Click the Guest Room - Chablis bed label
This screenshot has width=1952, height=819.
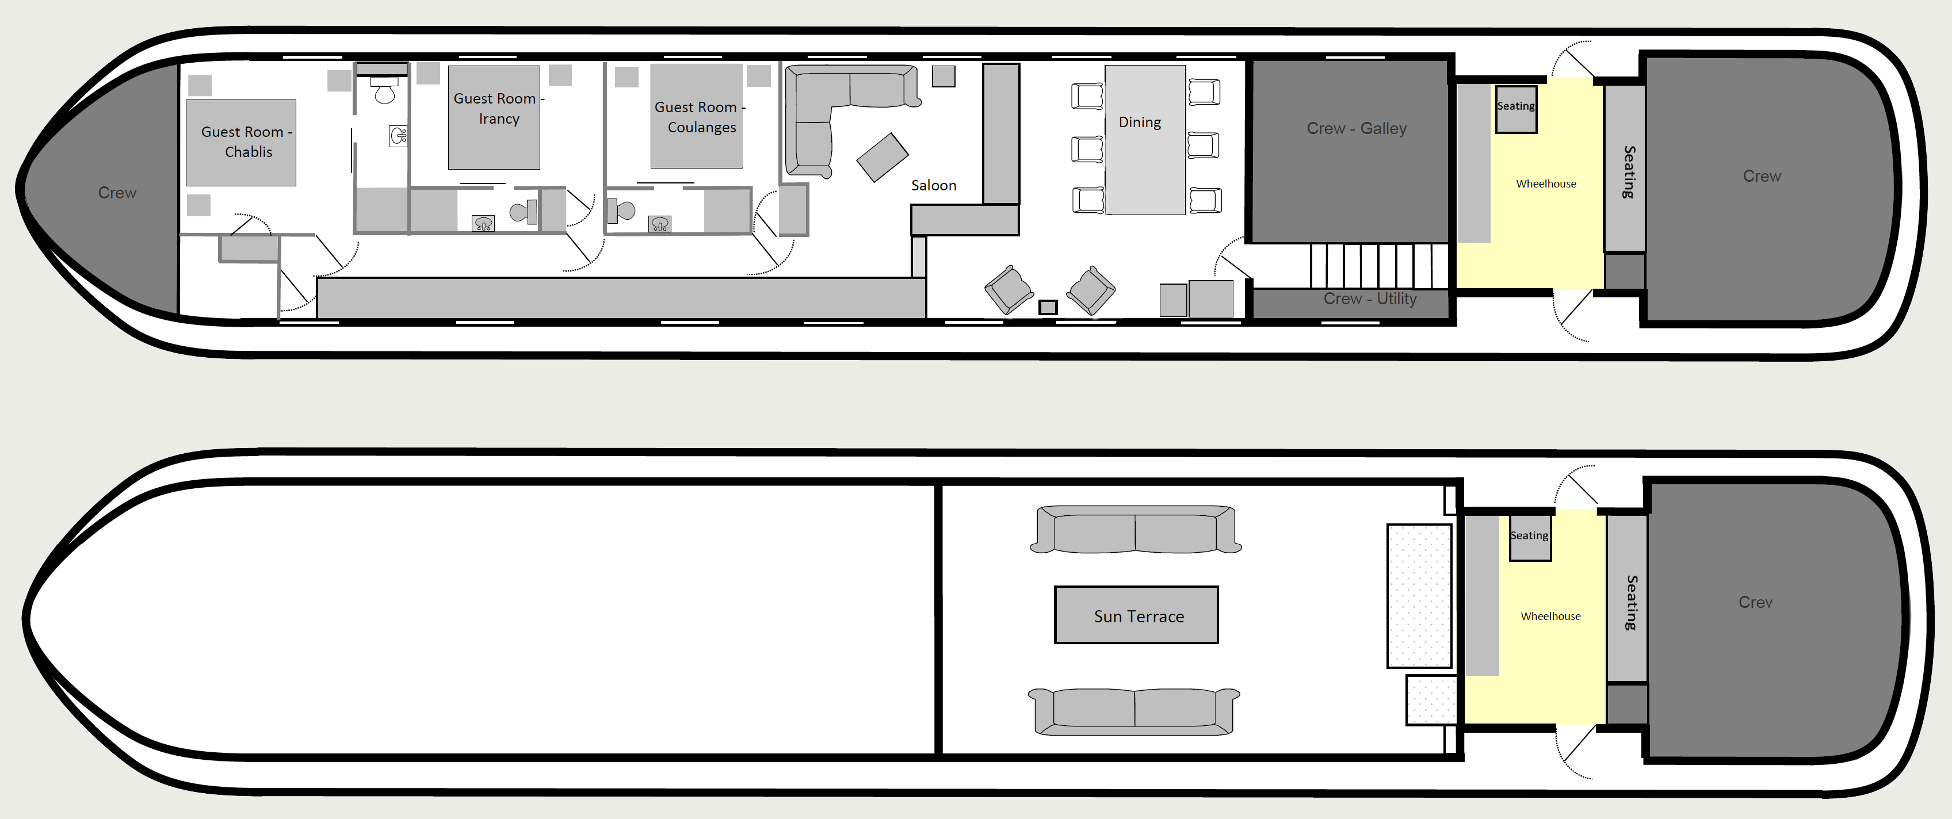(246, 141)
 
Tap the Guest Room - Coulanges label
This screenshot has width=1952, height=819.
(700, 117)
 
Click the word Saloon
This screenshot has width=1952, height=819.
(934, 186)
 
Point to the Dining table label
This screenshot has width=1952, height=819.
(1140, 122)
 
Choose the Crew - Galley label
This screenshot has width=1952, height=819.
(1357, 129)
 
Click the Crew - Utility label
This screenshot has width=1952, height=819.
(1370, 298)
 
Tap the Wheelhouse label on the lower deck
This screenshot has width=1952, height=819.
(1550, 616)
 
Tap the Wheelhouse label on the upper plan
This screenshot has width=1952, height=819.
(1546, 183)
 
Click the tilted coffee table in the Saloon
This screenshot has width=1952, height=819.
(882, 158)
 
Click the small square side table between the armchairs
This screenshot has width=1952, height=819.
(1048, 307)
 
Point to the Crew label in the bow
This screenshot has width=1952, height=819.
(117, 193)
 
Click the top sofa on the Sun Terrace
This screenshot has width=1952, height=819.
(1135, 530)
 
